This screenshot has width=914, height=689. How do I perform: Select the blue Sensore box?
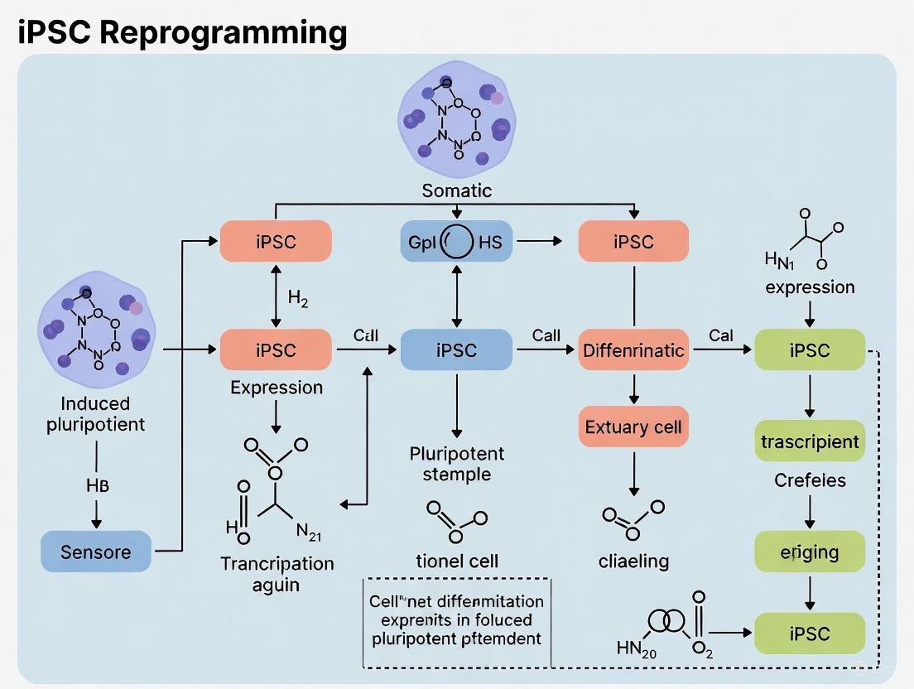tap(96, 552)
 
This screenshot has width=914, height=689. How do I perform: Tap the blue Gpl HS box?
tap(455, 242)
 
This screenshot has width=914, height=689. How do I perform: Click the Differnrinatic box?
tap(634, 350)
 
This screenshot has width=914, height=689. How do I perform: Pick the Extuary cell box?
tap(634, 427)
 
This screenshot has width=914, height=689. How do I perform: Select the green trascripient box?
tap(810, 441)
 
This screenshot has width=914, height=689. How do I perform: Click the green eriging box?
tap(810, 552)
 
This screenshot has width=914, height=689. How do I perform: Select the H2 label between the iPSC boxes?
tap(298, 298)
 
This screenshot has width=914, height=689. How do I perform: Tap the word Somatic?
tap(456, 190)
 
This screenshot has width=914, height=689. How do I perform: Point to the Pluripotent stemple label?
tap(456, 464)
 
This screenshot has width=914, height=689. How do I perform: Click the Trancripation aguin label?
tap(277, 574)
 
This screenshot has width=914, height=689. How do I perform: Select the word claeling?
tap(633, 561)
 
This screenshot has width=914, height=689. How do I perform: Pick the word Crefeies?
tap(810, 480)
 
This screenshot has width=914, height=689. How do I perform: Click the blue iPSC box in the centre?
tap(456, 350)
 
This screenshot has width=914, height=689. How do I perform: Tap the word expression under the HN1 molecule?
tap(810, 287)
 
